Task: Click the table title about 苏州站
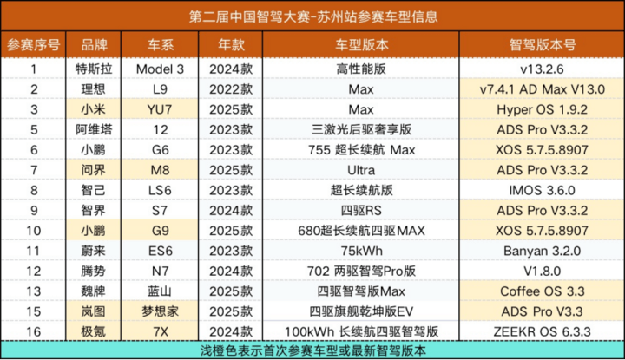click(312, 16)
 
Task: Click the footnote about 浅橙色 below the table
click(312, 350)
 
